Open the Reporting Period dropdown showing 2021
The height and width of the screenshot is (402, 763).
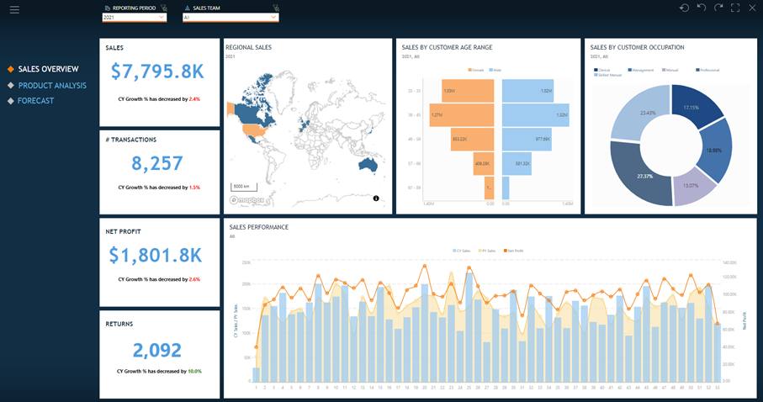[x=134, y=17]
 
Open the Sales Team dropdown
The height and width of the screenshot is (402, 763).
[x=230, y=17]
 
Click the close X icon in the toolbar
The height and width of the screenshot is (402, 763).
[x=752, y=8]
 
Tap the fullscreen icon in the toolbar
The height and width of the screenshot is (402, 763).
[x=735, y=8]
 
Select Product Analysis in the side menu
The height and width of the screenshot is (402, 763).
[x=53, y=85]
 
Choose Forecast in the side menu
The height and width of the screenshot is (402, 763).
[x=36, y=101]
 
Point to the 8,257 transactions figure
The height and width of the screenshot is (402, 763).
[x=159, y=163]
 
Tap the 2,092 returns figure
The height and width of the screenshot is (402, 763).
[x=159, y=349]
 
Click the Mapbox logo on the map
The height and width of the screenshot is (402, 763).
[x=246, y=200]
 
